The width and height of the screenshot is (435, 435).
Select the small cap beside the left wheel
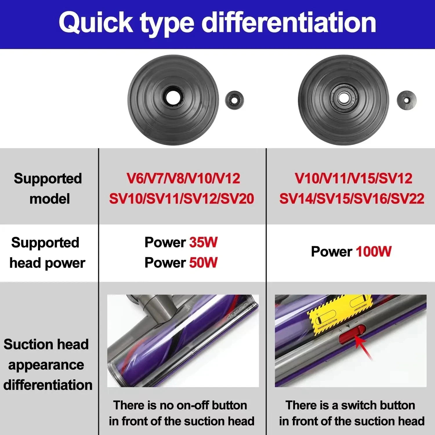tap(234, 100)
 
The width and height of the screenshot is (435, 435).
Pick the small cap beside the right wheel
tap(406, 100)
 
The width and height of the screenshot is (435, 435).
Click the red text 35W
tap(203, 242)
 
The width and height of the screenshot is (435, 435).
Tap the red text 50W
tap(203, 263)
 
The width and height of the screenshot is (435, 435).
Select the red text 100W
tap(374, 251)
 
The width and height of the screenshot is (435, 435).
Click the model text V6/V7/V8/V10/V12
tap(183, 178)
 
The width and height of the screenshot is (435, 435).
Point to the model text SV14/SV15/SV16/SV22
tap(352, 199)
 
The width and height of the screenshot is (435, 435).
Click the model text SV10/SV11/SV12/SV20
tap(182, 199)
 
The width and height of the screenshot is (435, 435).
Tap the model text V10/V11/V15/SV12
tap(353, 178)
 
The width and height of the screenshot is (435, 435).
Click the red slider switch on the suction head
tap(351, 335)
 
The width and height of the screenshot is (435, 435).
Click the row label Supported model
tap(48, 188)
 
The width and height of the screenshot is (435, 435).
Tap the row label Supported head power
tap(46, 253)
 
